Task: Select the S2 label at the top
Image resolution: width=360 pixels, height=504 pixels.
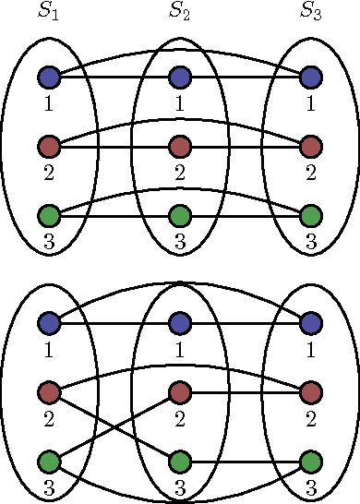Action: pos(179,12)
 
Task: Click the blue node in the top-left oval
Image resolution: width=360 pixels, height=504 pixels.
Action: pos(49,77)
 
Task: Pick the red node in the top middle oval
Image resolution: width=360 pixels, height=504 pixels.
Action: pos(180,147)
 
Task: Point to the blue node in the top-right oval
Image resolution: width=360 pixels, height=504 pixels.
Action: pos(311,77)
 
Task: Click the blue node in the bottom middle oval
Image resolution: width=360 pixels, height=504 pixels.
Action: pos(180,323)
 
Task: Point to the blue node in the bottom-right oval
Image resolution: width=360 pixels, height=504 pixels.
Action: pos(311,323)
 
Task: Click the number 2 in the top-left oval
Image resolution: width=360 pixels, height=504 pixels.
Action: pos(48,172)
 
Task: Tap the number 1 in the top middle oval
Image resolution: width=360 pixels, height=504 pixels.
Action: pos(180,102)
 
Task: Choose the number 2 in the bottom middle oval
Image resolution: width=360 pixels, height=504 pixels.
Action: pos(180,418)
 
